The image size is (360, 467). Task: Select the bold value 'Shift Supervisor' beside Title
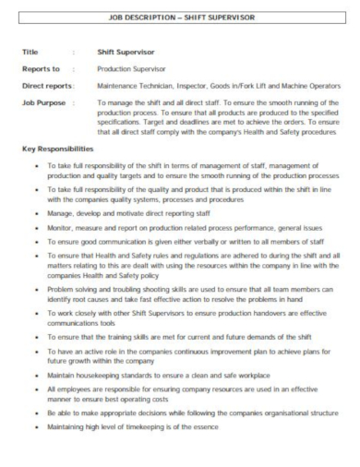point(126,54)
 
